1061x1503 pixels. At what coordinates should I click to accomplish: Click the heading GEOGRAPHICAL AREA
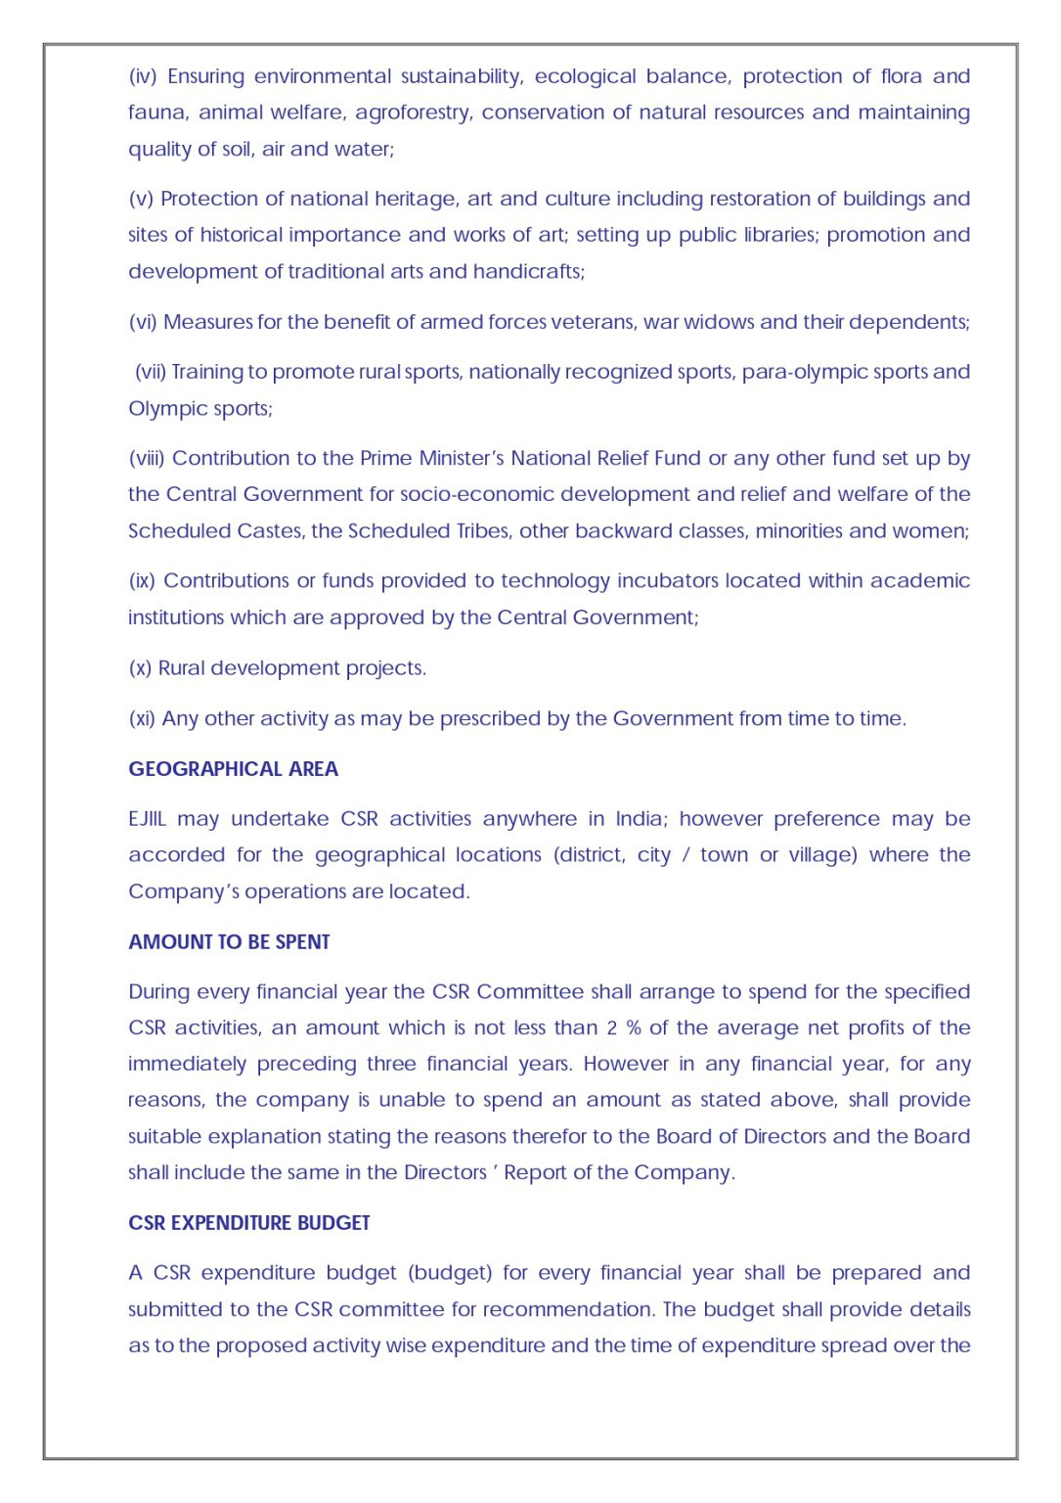pos(233,769)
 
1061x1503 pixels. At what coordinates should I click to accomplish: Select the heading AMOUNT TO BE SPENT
pos(229,942)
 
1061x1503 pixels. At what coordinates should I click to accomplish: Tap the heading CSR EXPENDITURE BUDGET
pos(249,1223)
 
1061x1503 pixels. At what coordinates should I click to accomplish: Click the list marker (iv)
pos(144,76)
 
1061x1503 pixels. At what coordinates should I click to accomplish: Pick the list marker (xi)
pos(142,719)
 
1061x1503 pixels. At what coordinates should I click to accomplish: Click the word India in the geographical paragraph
pos(639,819)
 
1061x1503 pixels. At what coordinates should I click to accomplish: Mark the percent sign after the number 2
pos(634,1028)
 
